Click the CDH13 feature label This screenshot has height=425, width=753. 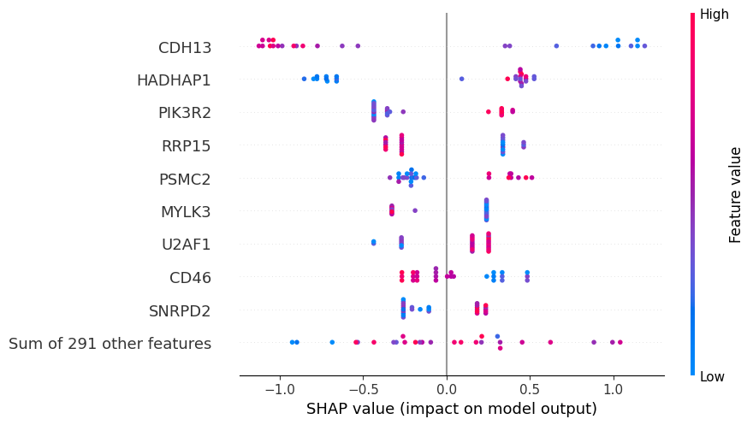click(184, 47)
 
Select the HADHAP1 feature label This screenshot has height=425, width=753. click(174, 80)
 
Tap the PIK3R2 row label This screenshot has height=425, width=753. click(184, 113)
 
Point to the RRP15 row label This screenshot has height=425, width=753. click(186, 146)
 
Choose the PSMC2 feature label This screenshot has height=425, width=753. click(184, 179)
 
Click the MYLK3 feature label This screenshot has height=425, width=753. click(186, 211)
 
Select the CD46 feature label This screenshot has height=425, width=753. click(190, 277)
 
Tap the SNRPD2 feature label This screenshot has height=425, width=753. click(181, 310)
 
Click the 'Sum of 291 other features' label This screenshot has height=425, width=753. click(110, 344)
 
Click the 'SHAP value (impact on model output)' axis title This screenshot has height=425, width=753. click(451, 409)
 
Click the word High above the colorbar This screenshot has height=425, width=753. click(714, 14)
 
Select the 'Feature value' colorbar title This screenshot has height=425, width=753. click(735, 195)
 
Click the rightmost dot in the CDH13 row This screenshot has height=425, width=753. click(644, 46)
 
